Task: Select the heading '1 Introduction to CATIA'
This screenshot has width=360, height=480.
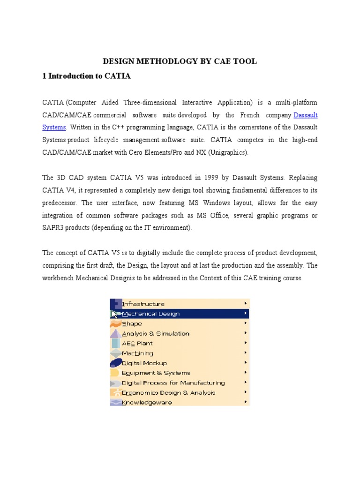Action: point(87,76)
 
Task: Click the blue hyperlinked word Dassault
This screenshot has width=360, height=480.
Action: point(305,115)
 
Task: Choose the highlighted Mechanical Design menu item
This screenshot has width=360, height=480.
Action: point(150,314)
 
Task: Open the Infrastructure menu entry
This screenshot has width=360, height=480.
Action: point(143,304)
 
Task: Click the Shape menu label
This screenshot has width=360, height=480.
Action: point(132,323)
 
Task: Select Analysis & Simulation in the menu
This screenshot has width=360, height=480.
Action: point(156,333)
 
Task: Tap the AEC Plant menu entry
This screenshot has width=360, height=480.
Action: point(137,343)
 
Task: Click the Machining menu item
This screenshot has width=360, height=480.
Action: point(137,353)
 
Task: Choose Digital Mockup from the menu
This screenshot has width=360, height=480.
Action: point(144,363)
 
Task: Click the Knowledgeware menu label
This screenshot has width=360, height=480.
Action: point(147,402)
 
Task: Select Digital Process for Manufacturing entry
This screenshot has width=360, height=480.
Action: point(173,382)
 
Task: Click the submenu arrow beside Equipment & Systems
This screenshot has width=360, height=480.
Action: point(246,373)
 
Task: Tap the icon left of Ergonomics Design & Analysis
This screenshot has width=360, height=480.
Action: point(115,392)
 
